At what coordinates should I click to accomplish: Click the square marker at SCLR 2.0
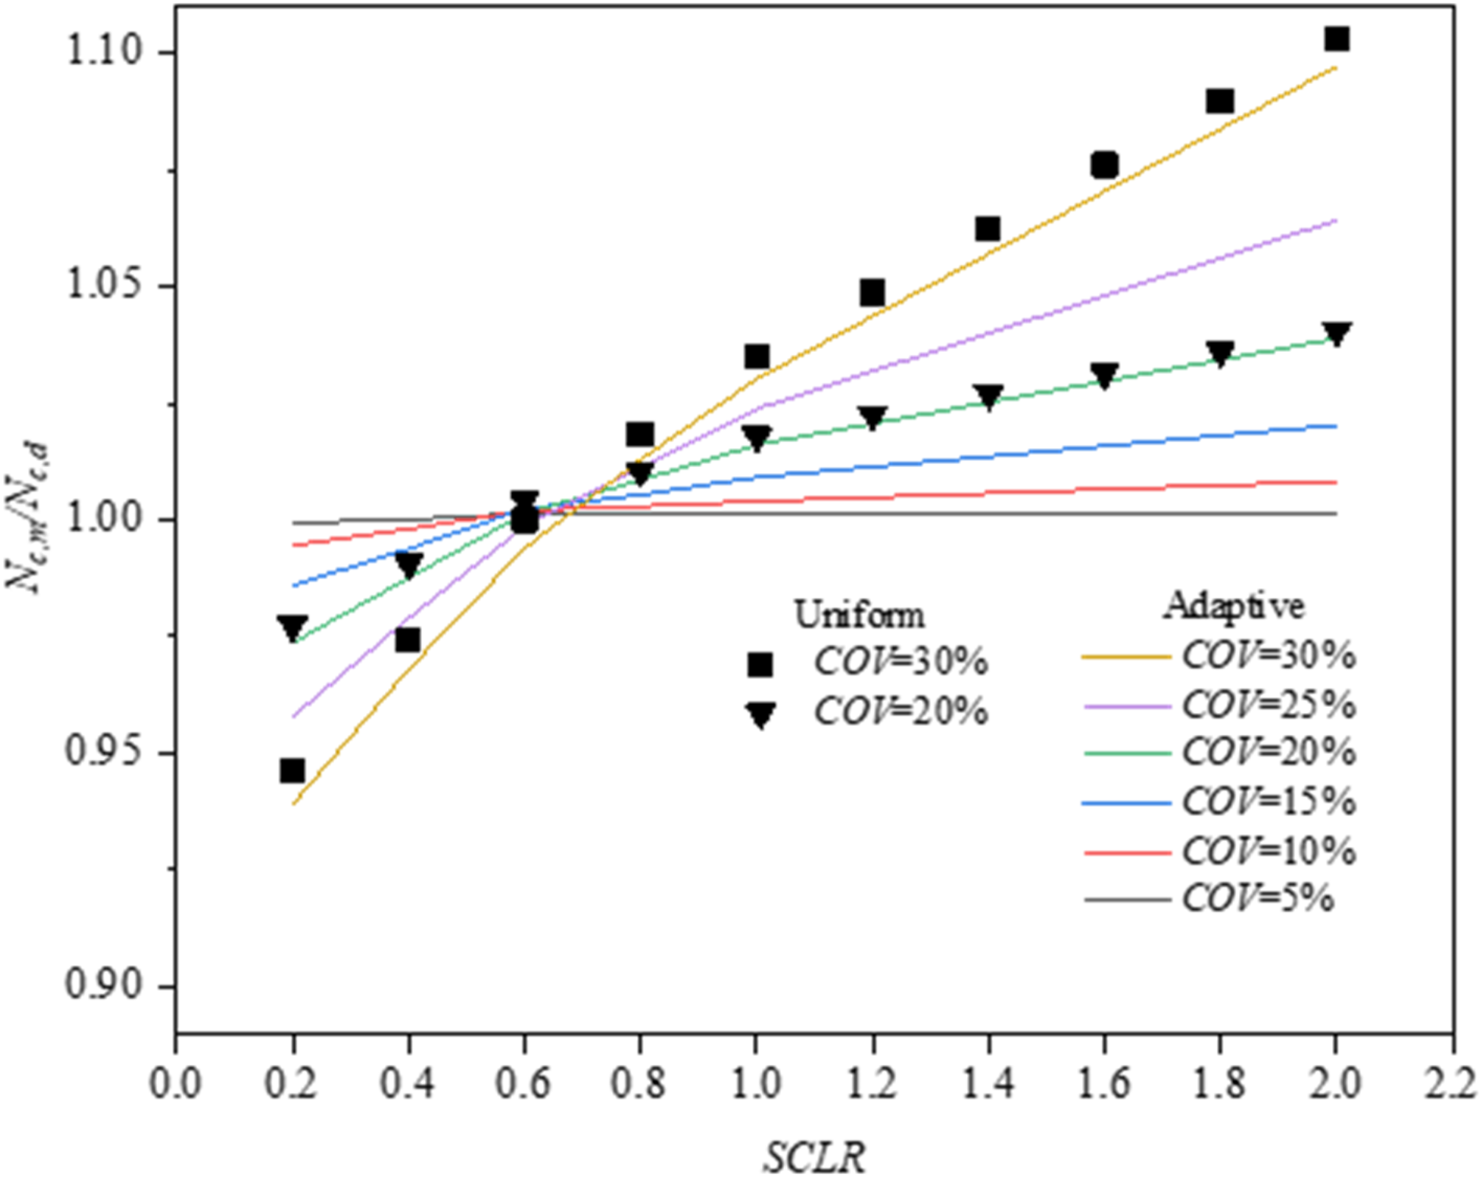click(1336, 38)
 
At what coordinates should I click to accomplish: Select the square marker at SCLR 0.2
click(292, 770)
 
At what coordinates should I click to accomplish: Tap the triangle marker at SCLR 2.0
click(1336, 334)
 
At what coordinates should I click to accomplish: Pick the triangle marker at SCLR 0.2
click(292, 628)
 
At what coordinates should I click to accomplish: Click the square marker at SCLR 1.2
click(872, 293)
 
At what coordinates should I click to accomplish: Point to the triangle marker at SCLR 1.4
click(988, 396)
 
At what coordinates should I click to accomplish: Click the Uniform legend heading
click(859, 614)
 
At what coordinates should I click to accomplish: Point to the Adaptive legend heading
click(1233, 606)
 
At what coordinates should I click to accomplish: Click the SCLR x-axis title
click(814, 1156)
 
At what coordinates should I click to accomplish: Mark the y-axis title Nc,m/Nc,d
click(28, 517)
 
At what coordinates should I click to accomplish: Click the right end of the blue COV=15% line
click(1335, 426)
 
